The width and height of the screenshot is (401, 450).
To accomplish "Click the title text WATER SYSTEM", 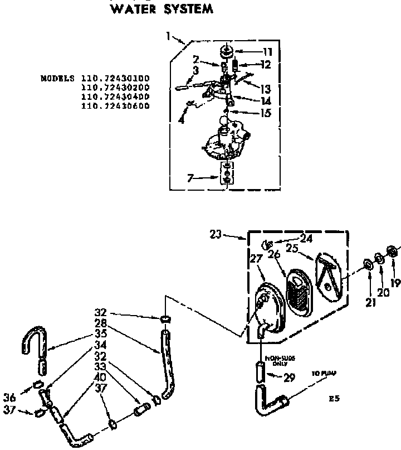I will tap(162, 9).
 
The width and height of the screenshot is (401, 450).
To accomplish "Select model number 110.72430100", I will tap(115, 79).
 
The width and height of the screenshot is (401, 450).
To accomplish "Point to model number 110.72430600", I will tap(115, 106).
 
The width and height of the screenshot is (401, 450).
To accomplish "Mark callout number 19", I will tap(395, 283).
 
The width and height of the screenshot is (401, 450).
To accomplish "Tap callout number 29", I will tap(288, 378).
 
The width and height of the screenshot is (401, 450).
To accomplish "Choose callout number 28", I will tap(101, 323).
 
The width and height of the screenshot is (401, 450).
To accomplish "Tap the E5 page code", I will tap(334, 399).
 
